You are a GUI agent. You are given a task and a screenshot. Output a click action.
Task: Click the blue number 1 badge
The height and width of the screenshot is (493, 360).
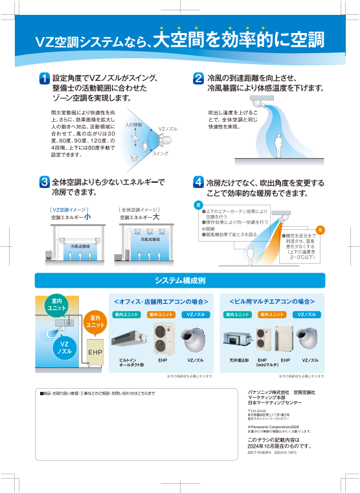pos(44,78)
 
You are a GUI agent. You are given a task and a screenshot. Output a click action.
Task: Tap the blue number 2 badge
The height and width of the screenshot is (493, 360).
pos(199,78)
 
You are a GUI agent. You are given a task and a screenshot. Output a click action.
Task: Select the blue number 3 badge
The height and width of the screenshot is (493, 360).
pos(44,183)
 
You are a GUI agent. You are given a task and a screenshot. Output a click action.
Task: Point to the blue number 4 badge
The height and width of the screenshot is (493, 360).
pos(199,183)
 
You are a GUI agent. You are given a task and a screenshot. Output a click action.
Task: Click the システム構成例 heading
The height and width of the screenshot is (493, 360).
pos(179,281)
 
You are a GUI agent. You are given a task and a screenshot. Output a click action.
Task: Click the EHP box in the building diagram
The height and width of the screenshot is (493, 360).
pos(95,352)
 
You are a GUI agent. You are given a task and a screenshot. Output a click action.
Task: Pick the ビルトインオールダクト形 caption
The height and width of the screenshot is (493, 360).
pos(131,362)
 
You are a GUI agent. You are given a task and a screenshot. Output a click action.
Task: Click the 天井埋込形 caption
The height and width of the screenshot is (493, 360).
pos(238,360)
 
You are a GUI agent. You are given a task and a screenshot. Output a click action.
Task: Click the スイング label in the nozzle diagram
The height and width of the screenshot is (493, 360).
pos(160,153)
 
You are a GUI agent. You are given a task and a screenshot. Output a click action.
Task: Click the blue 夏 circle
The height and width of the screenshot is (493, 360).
pos(198,205)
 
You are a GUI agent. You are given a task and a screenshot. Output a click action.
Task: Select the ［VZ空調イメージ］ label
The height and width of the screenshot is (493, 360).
pos(69,210)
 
